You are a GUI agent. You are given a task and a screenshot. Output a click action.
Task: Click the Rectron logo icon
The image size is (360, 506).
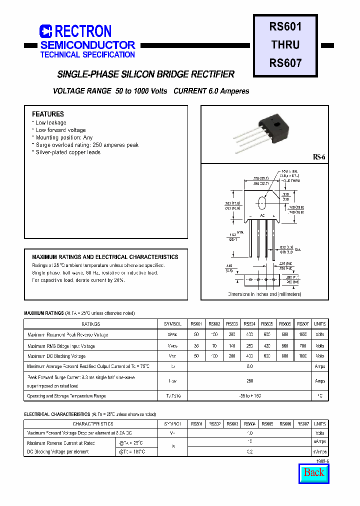[45, 31]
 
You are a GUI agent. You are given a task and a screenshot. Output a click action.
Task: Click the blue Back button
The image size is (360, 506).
[314, 472]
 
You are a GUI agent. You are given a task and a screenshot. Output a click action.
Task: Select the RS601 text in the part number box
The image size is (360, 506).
[285, 26]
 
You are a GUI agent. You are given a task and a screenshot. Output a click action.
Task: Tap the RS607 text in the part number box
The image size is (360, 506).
[285, 63]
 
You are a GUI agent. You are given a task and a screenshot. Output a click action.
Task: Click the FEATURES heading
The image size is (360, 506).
[48, 114]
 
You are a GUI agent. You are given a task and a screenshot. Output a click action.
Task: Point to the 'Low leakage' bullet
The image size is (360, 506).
[50, 122]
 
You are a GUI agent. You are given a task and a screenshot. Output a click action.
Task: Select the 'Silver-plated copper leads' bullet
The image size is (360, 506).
[67, 152]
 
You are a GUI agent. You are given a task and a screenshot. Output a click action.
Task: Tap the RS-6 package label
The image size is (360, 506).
[319, 157]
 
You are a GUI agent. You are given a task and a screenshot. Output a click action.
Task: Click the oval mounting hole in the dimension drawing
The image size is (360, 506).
[261, 203]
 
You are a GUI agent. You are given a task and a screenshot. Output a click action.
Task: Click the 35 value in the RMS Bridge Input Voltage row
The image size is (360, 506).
[196, 345]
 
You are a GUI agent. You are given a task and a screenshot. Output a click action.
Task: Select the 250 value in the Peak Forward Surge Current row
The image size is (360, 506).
[249, 381]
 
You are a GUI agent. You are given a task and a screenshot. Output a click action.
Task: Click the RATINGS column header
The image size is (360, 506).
[90, 324]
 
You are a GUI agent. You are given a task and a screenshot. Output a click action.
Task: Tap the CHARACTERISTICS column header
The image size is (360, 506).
[90, 424]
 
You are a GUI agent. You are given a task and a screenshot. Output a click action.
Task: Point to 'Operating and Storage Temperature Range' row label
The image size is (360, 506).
[66, 396]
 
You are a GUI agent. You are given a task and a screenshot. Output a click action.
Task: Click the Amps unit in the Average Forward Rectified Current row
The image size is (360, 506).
[320, 366]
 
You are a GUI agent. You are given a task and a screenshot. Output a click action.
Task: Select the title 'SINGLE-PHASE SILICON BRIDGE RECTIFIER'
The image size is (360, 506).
[145, 74]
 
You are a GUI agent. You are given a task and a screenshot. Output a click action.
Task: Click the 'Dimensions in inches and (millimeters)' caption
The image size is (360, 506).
[264, 294]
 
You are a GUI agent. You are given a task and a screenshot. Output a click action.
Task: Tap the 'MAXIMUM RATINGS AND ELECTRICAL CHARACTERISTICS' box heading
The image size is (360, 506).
[105, 257]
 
